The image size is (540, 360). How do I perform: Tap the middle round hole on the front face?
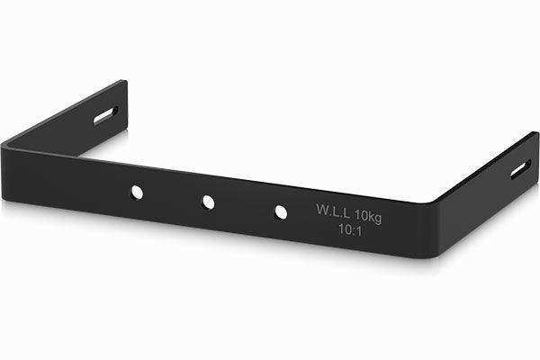click(x=208, y=202)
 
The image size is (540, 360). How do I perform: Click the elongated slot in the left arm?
click(x=104, y=117)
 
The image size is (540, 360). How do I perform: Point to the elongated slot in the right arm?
click(x=521, y=168)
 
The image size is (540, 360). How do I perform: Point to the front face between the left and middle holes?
click(x=172, y=196)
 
